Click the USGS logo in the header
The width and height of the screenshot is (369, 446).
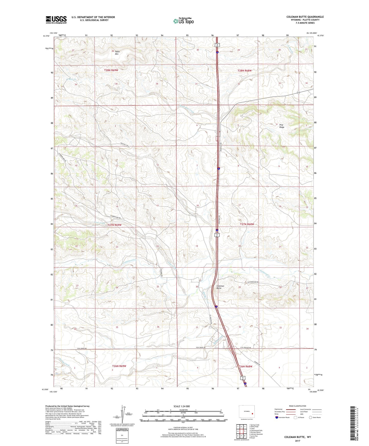[x=56, y=20]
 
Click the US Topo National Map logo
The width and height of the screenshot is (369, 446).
[x=183, y=21]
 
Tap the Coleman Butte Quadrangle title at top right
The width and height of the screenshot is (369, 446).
[x=305, y=17]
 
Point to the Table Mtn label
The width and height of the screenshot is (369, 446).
[x=117, y=53]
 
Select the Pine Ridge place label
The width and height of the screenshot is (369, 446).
[x=281, y=126]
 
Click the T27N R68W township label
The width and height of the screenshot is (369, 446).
[x=247, y=224]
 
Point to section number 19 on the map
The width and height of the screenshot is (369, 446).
[x=197, y=246]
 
